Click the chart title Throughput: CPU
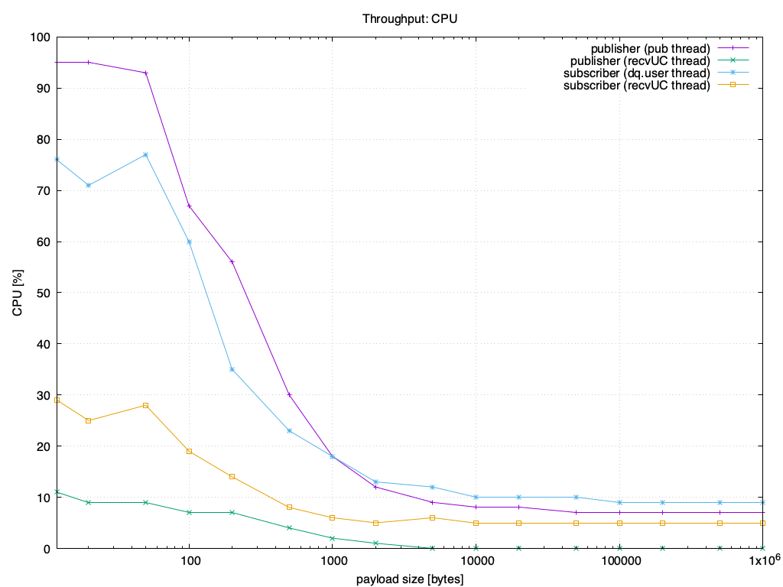tap(410, 18)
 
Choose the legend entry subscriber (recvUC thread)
tap(637, 85)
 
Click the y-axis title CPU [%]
tap(17, 293)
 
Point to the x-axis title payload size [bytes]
tap(410, 579)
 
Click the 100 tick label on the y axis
tap(40, 37)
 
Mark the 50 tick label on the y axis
tap(43, 293)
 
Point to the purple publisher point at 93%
tap(145, 73)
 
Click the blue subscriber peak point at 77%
tap(145, 154)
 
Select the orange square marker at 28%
tap(145, 405)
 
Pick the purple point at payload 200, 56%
tap(232, 262)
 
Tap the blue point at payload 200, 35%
tap(232, 369)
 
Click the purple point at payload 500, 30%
tap(289, 394)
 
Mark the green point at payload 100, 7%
tap(189, 512)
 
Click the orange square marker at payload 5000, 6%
tap(432, 517)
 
